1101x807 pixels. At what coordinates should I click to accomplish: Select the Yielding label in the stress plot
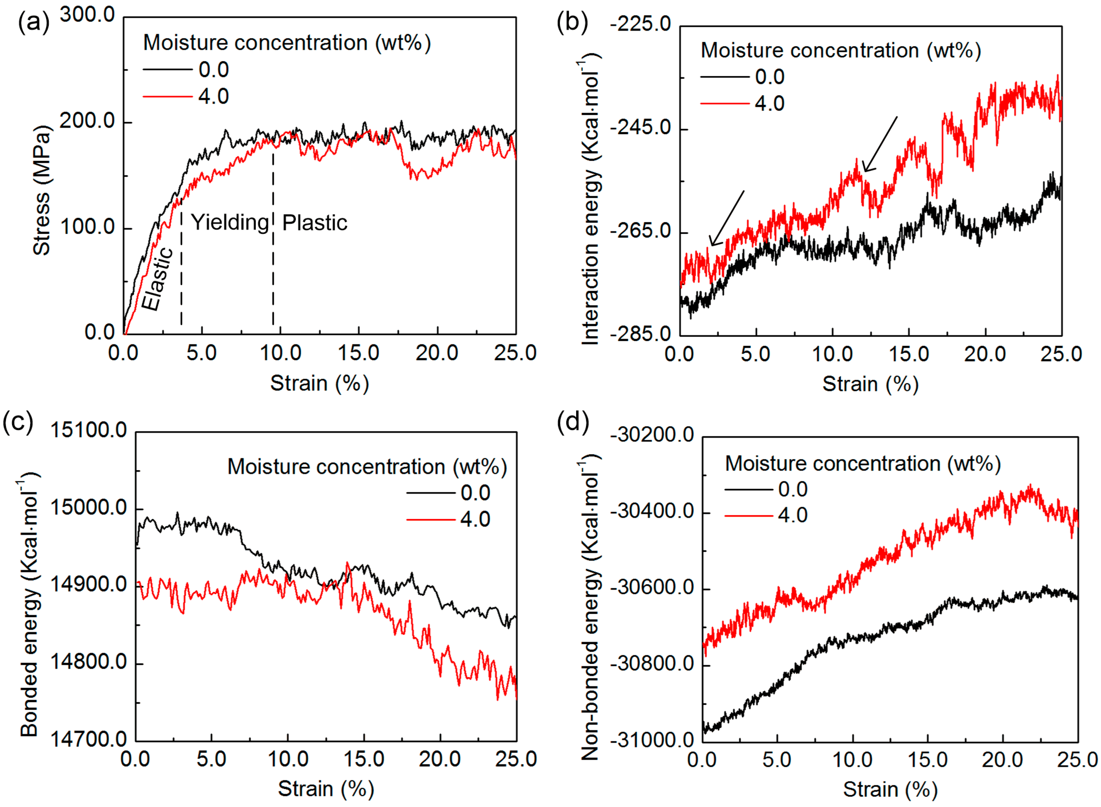(x=230, y=223)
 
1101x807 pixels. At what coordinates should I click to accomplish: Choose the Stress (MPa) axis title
(x=42, y=190)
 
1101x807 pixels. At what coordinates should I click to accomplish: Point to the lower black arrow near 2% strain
(x=727, y=218)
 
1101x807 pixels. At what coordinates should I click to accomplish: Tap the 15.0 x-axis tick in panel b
(x=908, y=354)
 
